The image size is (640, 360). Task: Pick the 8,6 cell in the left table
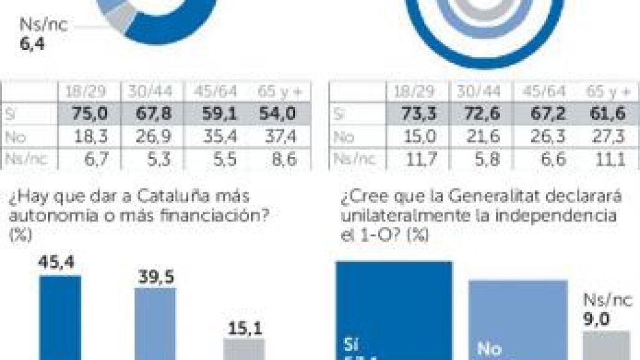282,159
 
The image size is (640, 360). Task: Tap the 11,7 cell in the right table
412,159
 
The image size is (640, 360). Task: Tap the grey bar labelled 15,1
244,349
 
